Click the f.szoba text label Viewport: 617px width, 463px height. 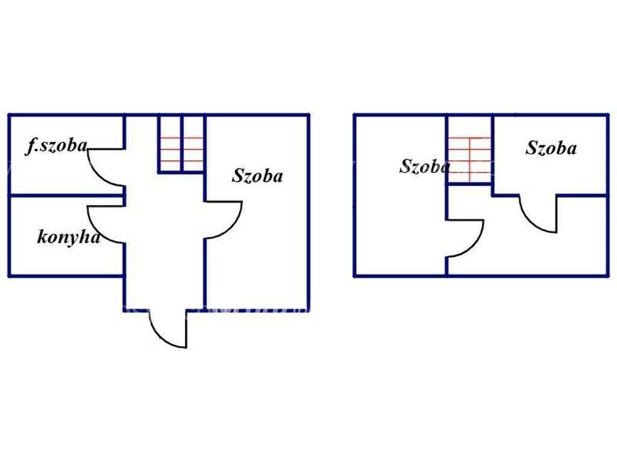tap(56, 146)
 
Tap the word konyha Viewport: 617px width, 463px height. tap(69, 238)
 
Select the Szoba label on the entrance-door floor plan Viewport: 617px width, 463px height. tap(257, 175)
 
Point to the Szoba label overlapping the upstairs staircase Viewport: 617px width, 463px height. tap(425, 166)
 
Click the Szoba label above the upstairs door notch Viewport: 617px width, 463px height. tap(551, 148)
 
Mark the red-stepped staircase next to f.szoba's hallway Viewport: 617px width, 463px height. tap(181, 143)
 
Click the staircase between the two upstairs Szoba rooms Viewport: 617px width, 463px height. tap(469, 150)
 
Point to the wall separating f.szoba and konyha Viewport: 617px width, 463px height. tap(66, 195)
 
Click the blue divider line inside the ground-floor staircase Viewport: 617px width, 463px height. tap(182, 143)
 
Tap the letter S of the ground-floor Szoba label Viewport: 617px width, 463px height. tap(237, 175)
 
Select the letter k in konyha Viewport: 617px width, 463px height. tap(42, 237)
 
